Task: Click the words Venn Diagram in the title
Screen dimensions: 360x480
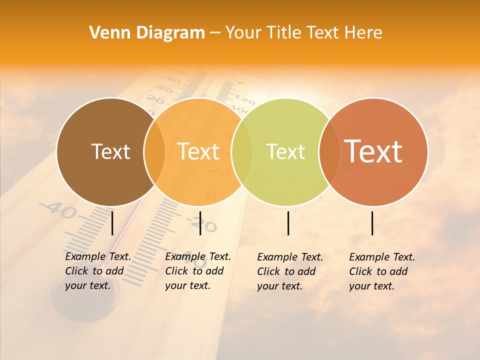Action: point(147,33)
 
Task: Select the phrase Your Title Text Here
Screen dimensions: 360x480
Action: point(303,33)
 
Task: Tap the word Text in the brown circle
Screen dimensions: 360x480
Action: point(110,151)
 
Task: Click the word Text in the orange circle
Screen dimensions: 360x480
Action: point(198,151)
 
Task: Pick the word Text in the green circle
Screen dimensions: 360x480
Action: point(285,151)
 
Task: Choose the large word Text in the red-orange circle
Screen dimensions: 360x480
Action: point(373,151)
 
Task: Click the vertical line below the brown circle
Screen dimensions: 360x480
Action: point(112,223)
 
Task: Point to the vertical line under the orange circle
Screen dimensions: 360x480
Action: point(200,223)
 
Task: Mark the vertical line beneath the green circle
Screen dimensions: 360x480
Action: point(288,223)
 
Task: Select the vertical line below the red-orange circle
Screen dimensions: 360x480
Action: point(372,223)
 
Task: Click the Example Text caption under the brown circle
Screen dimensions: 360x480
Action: point(97,271)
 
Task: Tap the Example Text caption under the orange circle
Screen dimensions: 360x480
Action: point(197,271)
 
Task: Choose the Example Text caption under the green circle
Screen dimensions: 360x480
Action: point(289,271)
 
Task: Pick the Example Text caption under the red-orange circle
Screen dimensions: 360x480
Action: point(381,271)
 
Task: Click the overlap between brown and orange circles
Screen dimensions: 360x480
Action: point(154,151)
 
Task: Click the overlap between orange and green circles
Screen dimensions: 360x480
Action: point(242,151)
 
